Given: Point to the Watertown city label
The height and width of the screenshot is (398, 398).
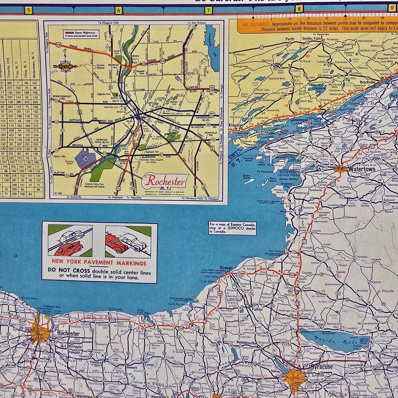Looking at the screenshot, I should coord(361,169).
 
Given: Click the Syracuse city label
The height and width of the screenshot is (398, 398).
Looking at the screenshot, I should coord(321,367).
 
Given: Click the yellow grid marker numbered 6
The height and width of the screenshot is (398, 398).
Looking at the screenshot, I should coord(119,10).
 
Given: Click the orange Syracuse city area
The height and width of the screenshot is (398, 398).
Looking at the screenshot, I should coord(295,379).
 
